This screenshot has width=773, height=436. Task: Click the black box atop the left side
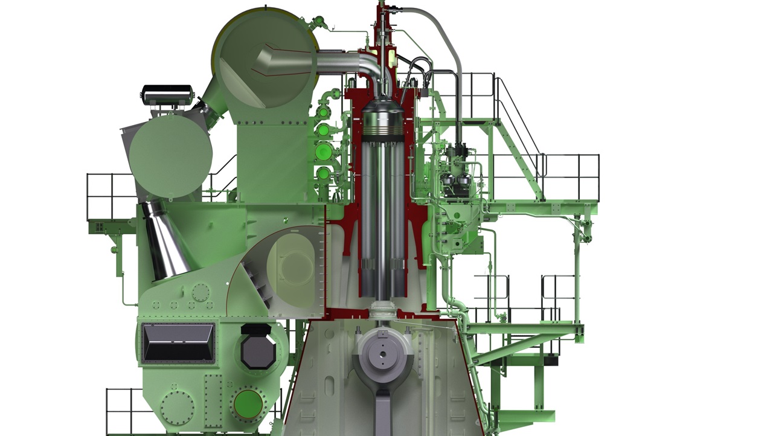point(167,94)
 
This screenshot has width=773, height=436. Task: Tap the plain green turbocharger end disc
point(170,156)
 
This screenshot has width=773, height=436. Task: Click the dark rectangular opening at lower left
point(178,342)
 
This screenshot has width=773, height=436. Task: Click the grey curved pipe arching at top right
point(447,42)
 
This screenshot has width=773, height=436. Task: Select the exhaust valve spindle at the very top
point(381,24)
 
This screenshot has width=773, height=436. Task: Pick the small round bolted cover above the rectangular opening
point(200,293)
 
